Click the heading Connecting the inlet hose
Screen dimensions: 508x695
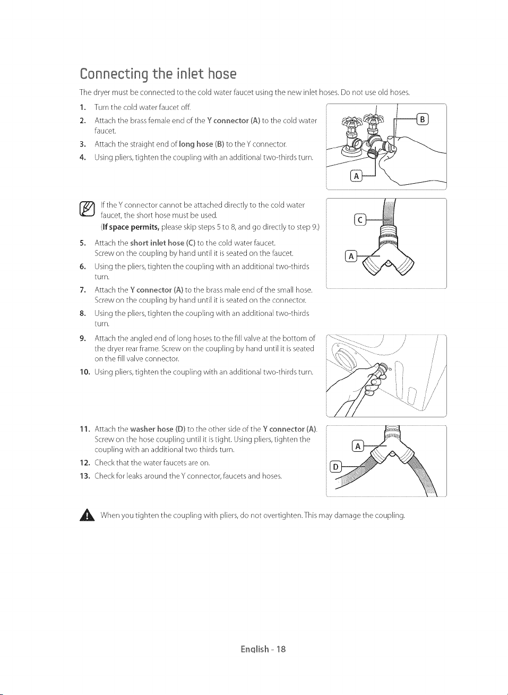(158, 74)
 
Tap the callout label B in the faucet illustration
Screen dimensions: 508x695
(423, 119)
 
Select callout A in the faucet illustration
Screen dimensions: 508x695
(356, 176)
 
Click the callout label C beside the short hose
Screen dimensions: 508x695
(360, 220)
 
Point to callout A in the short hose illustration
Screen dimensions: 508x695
(351, 256)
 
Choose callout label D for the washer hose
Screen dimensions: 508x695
(335, 467)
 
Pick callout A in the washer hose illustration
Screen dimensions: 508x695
(358, 446)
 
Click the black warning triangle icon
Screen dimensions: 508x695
(87, 516)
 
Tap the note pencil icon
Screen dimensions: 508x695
(87, 209)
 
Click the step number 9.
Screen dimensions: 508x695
(82, 338)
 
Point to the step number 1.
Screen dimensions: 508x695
(82, 108)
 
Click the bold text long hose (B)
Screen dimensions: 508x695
(202, 144)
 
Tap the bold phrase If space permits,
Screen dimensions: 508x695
(131, 227)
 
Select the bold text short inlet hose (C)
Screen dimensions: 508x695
(163, 243)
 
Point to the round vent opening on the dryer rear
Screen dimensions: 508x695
(343, 357)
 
